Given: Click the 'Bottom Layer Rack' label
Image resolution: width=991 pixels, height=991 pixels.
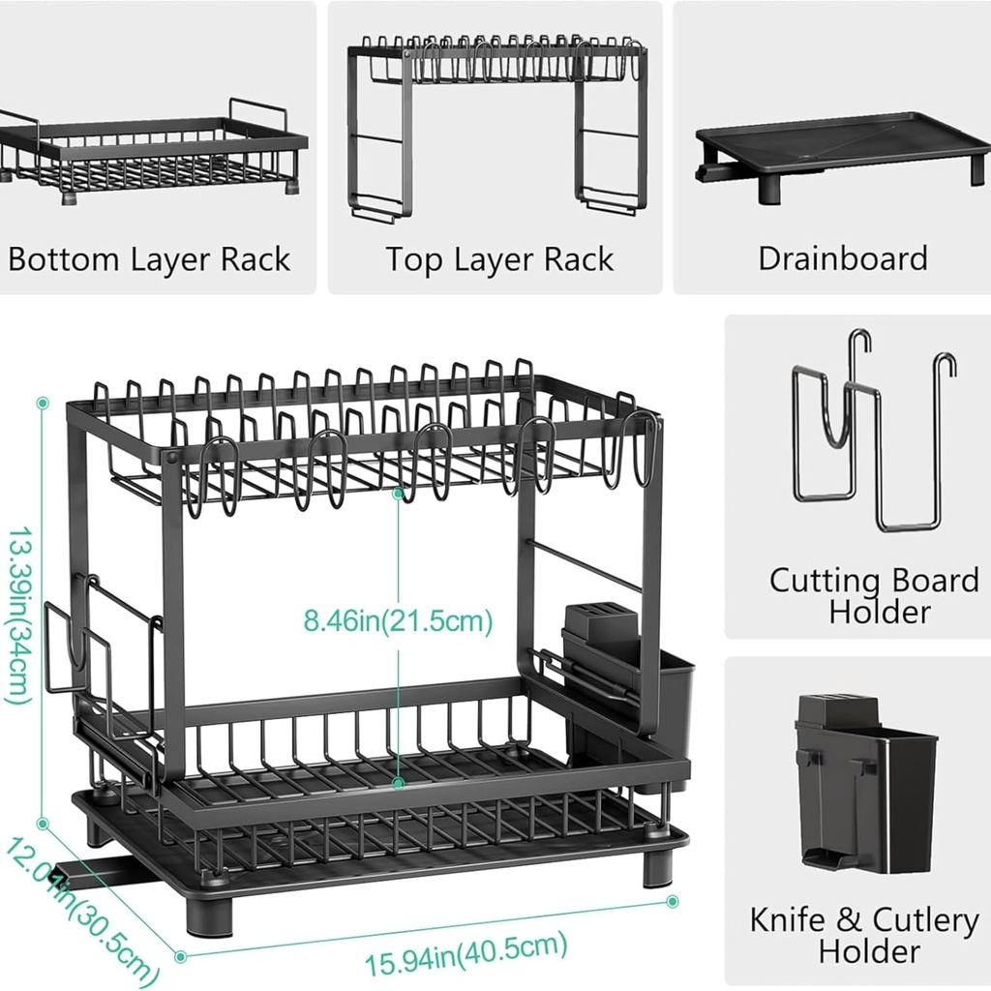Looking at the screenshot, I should click(149, 259).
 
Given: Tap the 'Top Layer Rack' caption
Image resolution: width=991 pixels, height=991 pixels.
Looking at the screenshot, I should click(499, 259).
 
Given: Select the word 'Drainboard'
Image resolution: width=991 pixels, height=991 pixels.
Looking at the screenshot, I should click(842, 258).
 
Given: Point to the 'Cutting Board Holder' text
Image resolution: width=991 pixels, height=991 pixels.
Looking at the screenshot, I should click(874, 595).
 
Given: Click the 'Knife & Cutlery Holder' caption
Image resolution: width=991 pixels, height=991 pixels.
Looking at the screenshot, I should click(864, 935).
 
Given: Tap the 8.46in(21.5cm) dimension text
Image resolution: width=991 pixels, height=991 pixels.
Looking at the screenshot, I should click(398, 620).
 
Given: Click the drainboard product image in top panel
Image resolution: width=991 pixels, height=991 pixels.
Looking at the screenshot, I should click(842, 155).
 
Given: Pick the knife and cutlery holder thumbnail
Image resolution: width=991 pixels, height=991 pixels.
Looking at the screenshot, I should click(864, 784).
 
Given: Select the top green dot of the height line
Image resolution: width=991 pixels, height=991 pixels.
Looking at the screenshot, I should click(43, 402).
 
